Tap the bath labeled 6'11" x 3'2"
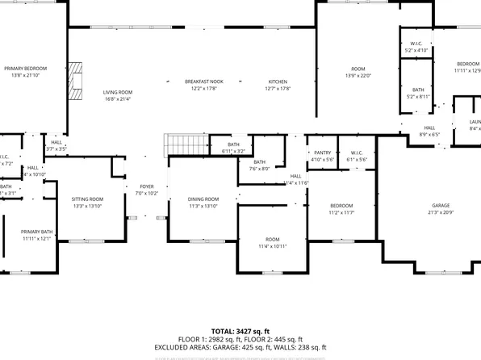(x=234, y=148)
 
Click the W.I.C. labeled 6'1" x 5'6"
(x=356, y=156)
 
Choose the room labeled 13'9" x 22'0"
(x=358, y=72)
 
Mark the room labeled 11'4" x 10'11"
(x=272, y=243)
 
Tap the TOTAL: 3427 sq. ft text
(x=240, y=331)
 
